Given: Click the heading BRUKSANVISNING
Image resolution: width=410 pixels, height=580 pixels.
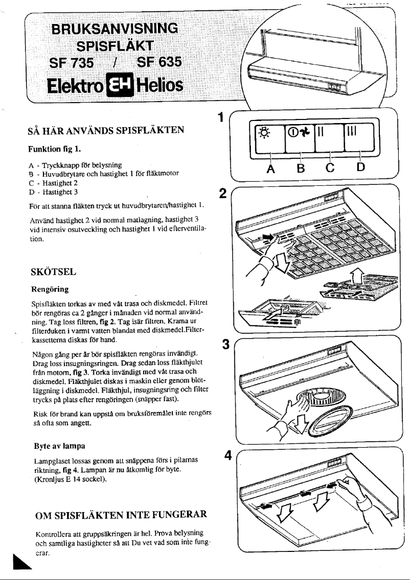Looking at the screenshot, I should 117,28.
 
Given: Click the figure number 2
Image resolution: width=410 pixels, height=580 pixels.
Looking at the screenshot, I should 222,194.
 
